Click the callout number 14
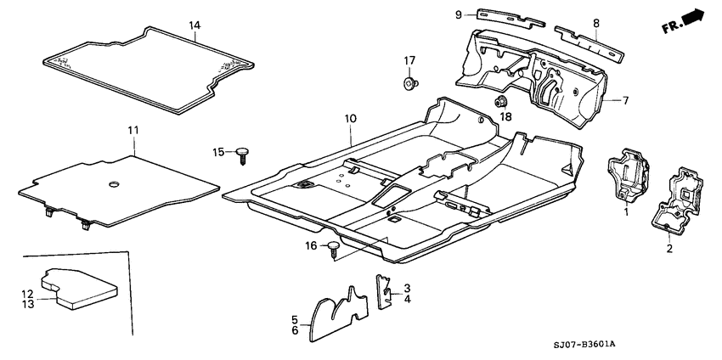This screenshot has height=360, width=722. click(x=195, y=26)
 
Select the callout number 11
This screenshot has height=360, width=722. click(x=133, y=130)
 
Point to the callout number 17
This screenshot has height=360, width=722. click(x=409, y=60)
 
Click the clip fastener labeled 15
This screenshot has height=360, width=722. click(x=244, y=154)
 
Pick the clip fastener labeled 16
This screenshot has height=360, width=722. click(x=334, y=247)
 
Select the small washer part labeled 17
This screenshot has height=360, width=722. click(x=410, y=82)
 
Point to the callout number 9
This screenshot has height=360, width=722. click(x=458, y=14)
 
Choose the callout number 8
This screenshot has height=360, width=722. click(x=596, y=23)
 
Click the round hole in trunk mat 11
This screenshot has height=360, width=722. click(x=113, y=184)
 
